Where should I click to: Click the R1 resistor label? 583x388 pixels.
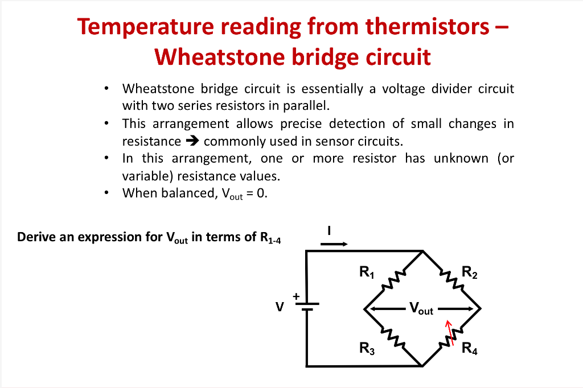[367, 273]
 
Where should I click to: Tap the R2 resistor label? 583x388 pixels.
[470, 272]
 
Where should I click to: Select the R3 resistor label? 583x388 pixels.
[367, 348]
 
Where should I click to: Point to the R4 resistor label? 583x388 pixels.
[470, 348]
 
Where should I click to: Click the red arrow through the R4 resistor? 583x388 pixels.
[450, 333]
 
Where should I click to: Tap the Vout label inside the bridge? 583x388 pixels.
[421, 309]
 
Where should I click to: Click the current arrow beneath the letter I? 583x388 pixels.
[334, 244]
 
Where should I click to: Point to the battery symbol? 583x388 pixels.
[307, 307]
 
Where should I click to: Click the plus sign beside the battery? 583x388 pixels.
[296, 296]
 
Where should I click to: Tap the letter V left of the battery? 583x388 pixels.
[280, 307]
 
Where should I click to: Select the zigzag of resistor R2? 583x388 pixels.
[451, 280]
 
